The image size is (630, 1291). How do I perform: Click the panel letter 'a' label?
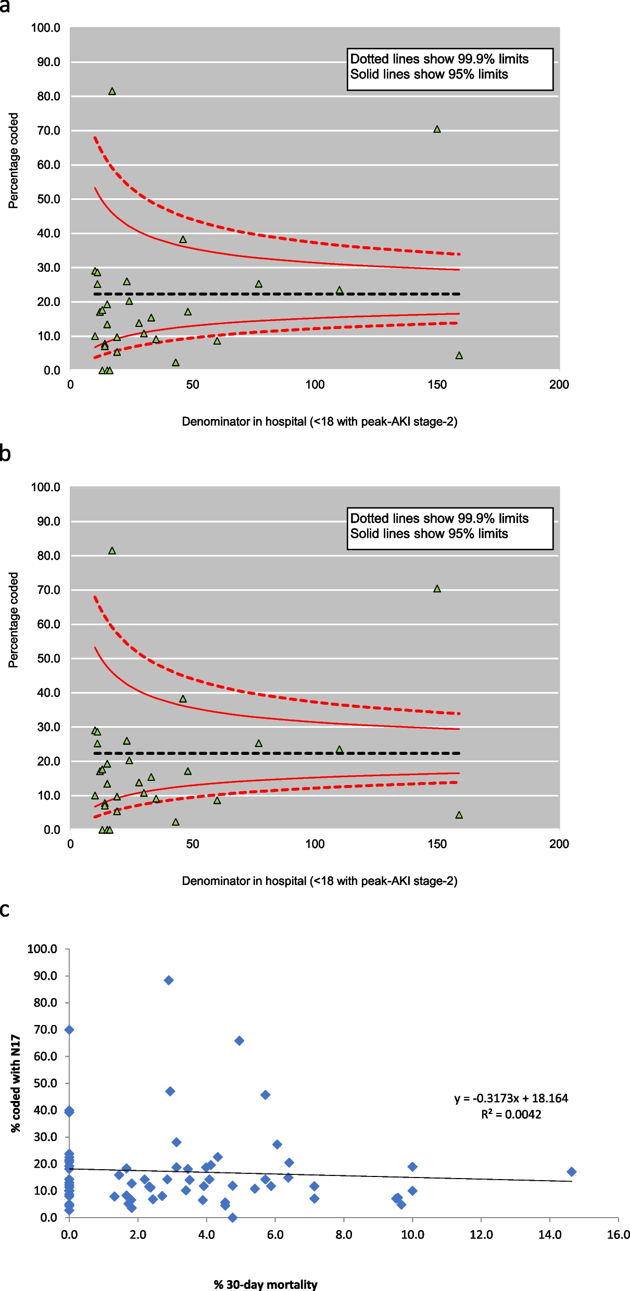[x=5, y=6]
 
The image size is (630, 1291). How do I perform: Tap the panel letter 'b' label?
[x=5, y=454]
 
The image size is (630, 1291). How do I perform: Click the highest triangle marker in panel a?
[x=112, y=92]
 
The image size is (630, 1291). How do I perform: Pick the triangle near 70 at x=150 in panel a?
[x=437, y=129]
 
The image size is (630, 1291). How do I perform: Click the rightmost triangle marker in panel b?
[x=459, y=815]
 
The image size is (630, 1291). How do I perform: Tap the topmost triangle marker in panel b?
[x=112, y=551]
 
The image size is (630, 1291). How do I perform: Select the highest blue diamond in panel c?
[x=169, y=980]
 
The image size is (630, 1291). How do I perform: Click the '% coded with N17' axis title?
[x=16, y=1083]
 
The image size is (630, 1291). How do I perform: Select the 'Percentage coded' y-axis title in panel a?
[x=13, y=161]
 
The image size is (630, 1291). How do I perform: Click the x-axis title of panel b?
[x=319, y=881]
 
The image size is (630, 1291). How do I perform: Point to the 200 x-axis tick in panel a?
[x=559, y=385]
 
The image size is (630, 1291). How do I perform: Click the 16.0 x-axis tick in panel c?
[x=618, y=1235]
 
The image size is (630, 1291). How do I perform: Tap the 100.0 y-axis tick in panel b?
[x=46, y=487]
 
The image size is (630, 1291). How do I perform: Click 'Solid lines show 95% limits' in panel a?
[x=429, y=74]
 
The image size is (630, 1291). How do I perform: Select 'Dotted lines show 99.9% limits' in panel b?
[x=439, y=518]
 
